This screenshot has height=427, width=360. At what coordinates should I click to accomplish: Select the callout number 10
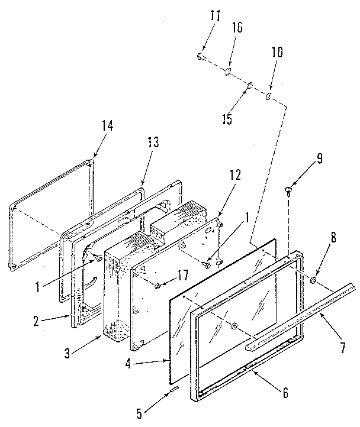click(277, 51)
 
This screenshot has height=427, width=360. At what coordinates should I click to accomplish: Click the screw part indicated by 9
click(288, 190)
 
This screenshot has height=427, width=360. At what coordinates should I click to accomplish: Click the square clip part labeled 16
click(227, 72)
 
